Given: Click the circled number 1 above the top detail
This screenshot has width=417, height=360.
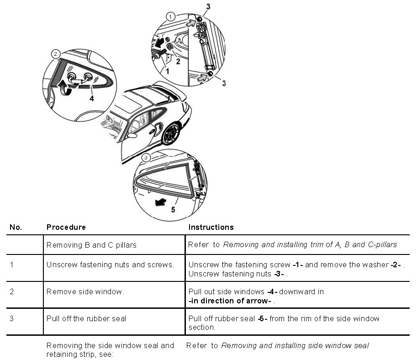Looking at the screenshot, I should click(x=170, y=16).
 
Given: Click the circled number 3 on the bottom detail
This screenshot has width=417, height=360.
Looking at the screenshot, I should click(x=145, y=158).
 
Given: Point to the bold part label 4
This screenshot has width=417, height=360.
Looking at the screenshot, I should click(x=92, y=98).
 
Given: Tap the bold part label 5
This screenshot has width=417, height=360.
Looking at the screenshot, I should click(x=173, y=211).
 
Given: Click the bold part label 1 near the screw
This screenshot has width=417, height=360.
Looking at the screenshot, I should click(x=167, y=71).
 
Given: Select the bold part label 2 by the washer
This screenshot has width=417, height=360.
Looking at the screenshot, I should click(x=178, y=61).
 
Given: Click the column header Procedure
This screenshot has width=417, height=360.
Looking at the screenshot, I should click(x=66, y=227).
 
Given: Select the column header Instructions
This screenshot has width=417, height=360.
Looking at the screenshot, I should click(x=211, y=227).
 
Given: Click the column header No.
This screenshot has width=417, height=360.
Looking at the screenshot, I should click(x=16, y=227).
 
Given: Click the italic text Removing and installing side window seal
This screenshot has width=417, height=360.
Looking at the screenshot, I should click(x=295, y=345).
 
